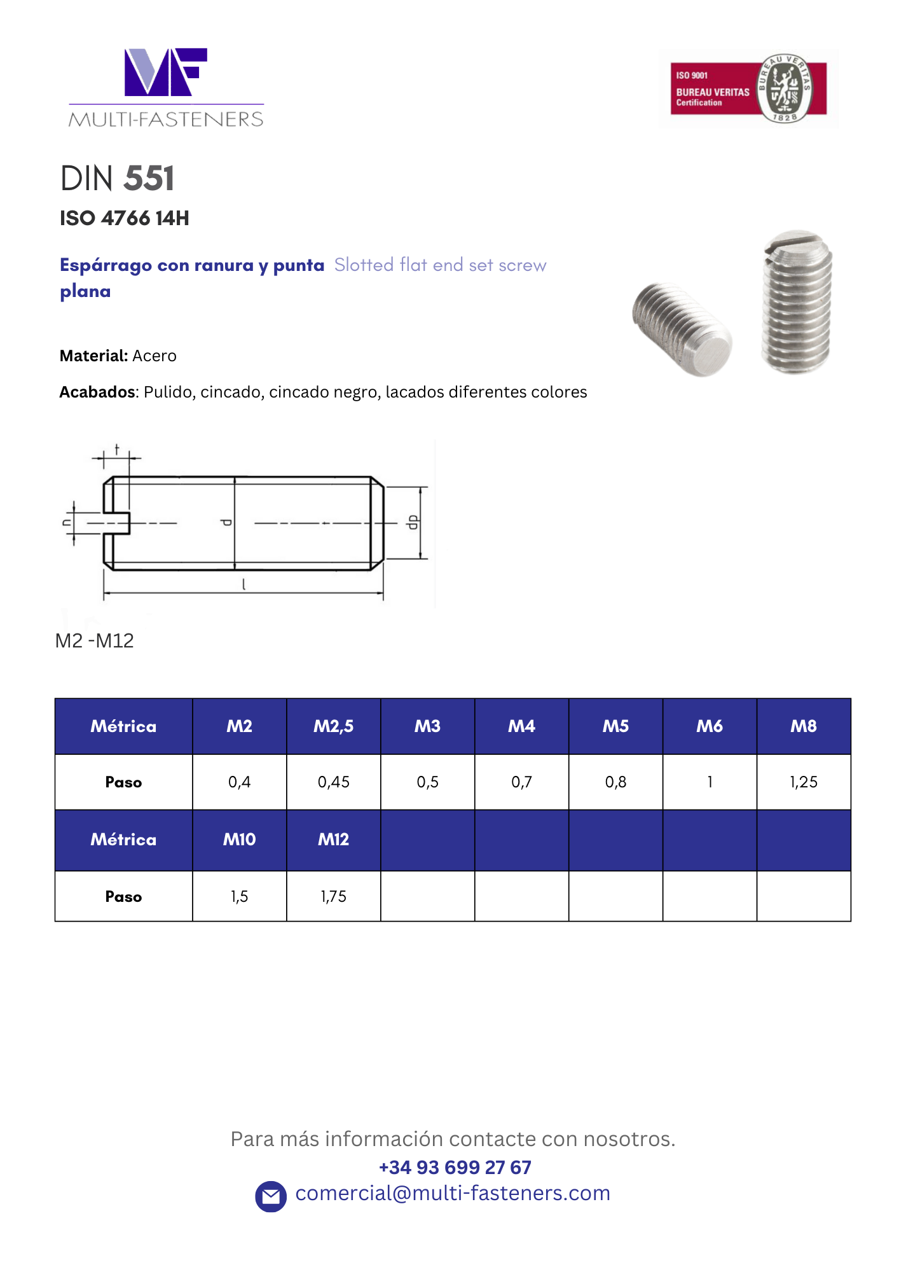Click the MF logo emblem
tap(165, 72)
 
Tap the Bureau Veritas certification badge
tap(748, 88)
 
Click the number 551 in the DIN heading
tap(149, 178)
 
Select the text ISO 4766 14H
tap(125, 218)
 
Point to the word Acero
tap(154, 356)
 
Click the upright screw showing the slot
tap(797, 302)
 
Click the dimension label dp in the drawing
tap(413, 522)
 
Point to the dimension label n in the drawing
tap(66, 522)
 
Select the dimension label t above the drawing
tap(117, 450)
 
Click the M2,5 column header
tap(333, 726)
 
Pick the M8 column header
tap(804, 726)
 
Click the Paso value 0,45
tap(333, 782)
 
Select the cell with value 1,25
tap(804, 782)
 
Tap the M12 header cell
tap(333, 840)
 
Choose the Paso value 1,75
tap(333, 896)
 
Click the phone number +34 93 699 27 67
tap(455, 1167)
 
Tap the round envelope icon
tap(271, 1196)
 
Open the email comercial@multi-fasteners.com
tap(453, 1193)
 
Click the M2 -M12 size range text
tap(95, 640)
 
